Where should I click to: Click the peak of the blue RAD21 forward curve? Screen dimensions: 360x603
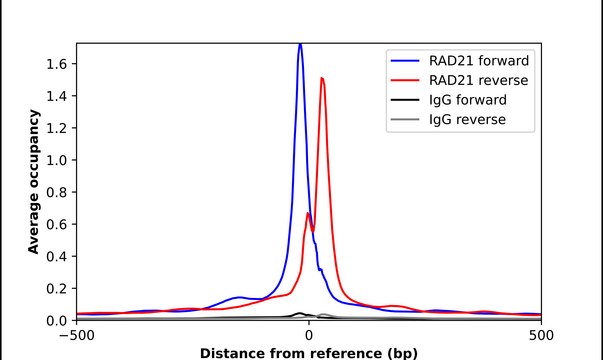(300, 45)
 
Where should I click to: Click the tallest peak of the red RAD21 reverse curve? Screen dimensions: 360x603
(322, 78)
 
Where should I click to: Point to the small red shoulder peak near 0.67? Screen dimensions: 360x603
(309, 213)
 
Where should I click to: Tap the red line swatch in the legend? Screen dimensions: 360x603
(404, 79)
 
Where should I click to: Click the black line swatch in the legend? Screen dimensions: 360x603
(404, 100)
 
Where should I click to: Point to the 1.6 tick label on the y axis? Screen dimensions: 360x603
(57, 64)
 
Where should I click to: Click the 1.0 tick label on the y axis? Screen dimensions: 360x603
(57, 160)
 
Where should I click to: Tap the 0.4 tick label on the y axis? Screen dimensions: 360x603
(57, 256)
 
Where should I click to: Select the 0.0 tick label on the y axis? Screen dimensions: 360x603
(57, 320)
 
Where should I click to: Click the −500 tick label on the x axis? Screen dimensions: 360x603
(76, 335)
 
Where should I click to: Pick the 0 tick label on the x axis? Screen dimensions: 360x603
(309, 335)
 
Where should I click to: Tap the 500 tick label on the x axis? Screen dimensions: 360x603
(541, 335)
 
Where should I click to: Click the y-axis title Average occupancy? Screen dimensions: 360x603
(34, 182)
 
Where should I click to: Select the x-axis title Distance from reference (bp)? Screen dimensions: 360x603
(308, 352)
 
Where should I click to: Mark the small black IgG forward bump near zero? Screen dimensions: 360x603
(299, 313)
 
